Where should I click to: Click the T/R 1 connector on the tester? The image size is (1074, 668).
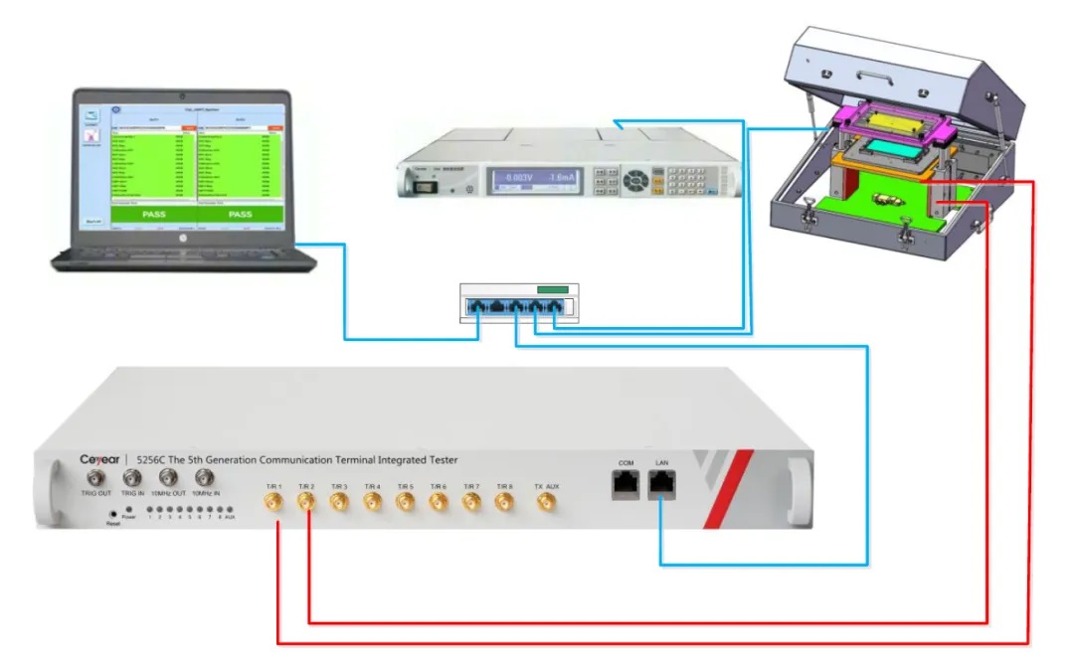(272, 504)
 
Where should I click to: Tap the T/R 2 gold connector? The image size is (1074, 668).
(305, 504)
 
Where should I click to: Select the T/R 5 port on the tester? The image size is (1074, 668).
(406, 504)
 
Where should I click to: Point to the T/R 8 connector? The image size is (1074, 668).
(504, 504)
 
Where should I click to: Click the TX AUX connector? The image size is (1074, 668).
(546, 504)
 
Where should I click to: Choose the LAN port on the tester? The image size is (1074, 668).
(660, 485)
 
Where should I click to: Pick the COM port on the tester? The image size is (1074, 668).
(626, 485)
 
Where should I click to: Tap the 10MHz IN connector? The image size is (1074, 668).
(206, 479)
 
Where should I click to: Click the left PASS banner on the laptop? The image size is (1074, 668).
(154, 214)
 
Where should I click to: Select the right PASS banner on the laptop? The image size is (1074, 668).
(241, 214)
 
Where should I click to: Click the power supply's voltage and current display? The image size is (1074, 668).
(535, 180)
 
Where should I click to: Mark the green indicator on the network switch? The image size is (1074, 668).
(551, 290)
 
